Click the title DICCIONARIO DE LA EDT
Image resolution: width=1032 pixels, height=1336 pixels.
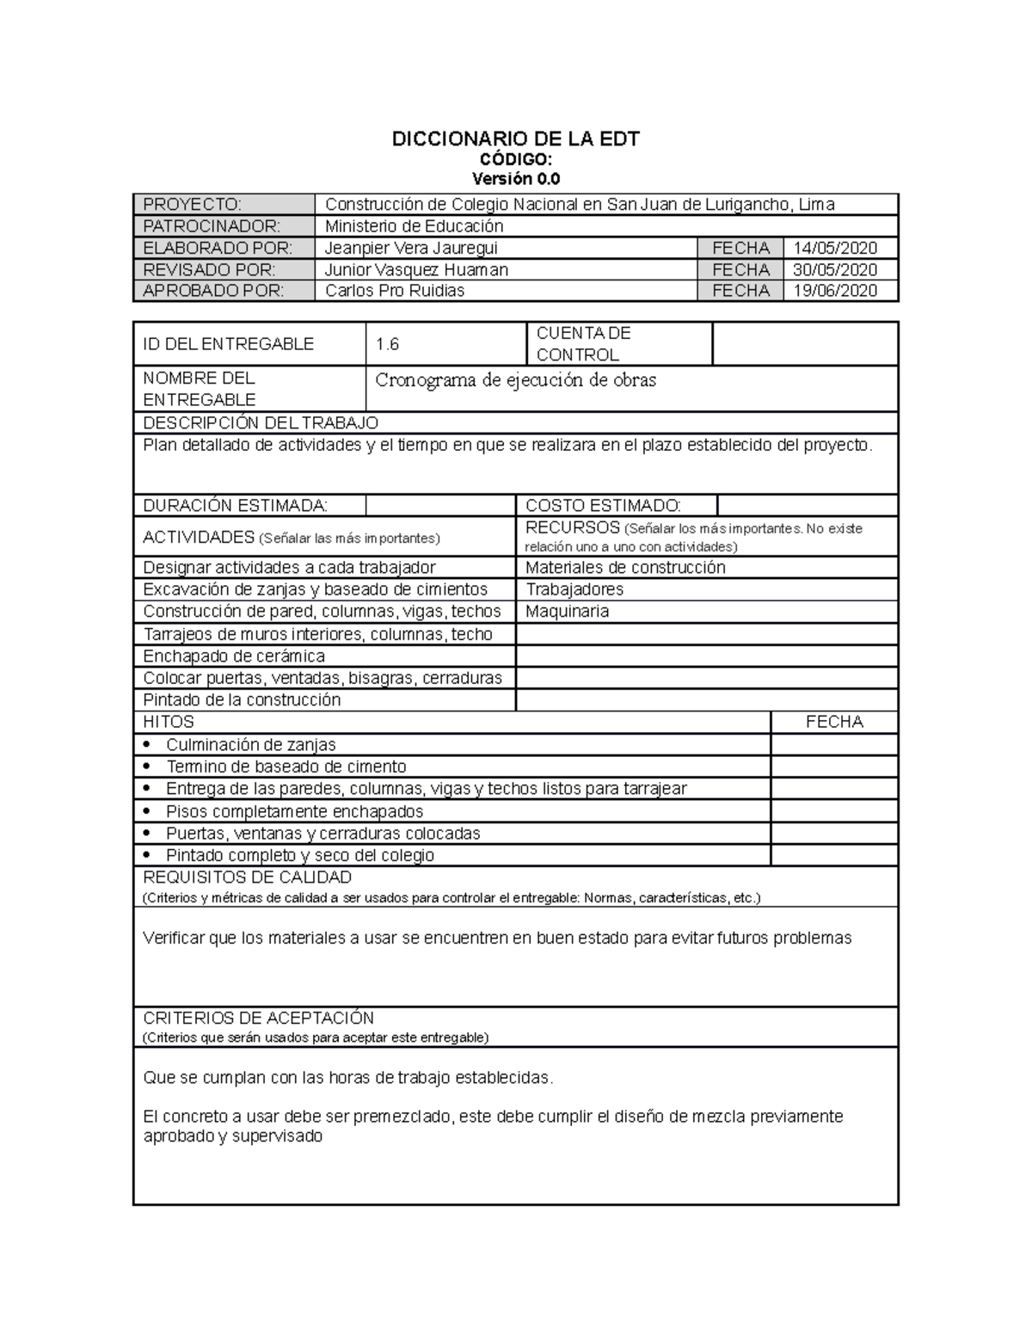point(515,139)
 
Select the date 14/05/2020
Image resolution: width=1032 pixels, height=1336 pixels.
point(834,248)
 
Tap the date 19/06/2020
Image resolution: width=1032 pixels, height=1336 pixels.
point(834,291)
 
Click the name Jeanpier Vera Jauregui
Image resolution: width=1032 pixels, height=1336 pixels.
point(411,248)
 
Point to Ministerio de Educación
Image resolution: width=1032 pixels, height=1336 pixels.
point(414,226)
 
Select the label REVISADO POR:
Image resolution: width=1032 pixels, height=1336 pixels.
point(209,269)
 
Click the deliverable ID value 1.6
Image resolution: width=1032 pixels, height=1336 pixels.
point(387,344)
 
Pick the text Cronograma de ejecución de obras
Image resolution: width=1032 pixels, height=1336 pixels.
point(515,380)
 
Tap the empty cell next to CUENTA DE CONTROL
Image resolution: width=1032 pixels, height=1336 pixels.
point(804,343)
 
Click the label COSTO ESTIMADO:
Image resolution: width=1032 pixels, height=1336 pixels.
point(603,506)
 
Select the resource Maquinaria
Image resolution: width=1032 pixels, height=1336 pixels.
point(567,612)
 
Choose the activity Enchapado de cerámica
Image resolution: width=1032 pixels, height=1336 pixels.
point(234,656)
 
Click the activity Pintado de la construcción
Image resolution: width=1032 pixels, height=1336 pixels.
point(242,700)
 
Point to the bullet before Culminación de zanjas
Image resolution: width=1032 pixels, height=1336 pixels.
point(148,744)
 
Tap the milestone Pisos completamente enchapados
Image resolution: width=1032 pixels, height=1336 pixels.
point(294,811)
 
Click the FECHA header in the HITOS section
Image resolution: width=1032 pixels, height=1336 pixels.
point(833,722)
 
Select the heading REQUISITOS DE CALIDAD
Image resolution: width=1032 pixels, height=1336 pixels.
point(247,877)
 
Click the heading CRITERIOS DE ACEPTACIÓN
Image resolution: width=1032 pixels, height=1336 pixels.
point(258,1018)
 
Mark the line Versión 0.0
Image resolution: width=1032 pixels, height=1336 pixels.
point(515,179)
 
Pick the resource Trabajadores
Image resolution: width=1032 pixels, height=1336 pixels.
point(574,589)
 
